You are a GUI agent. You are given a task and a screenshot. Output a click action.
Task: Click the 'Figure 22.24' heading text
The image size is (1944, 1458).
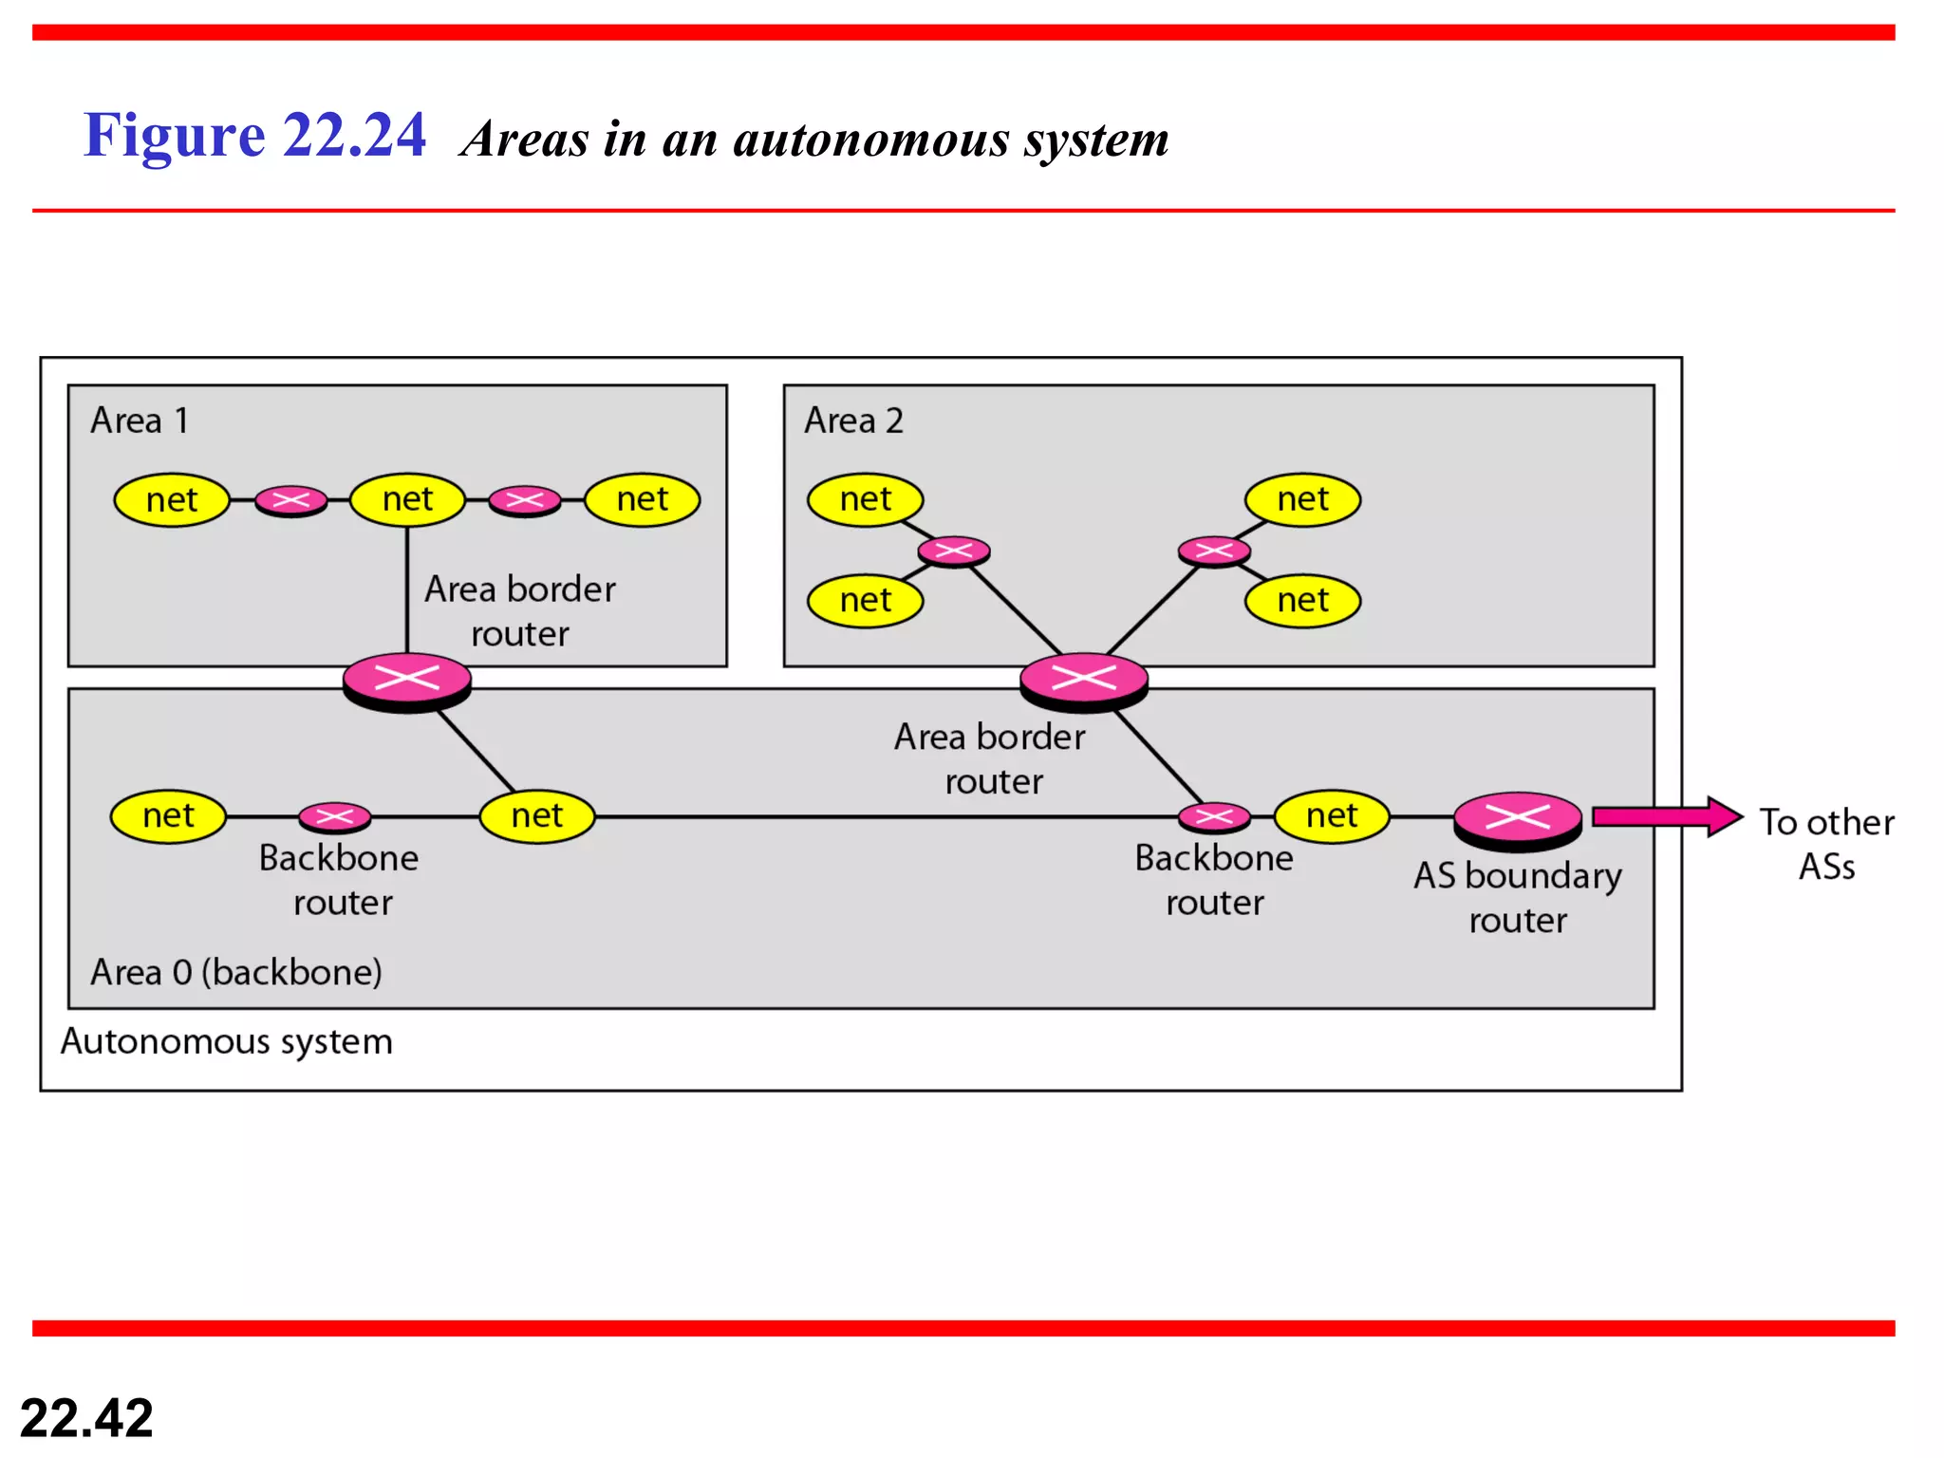254,135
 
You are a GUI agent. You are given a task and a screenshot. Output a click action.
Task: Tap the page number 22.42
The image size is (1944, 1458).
86,1418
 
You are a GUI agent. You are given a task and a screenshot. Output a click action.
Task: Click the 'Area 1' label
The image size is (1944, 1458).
140,421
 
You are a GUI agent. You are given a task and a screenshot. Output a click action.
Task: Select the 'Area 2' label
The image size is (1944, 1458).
853,421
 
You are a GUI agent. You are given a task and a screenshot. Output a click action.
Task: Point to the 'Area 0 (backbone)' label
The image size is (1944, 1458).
236,972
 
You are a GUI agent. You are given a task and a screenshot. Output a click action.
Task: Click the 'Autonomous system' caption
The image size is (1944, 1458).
226,1041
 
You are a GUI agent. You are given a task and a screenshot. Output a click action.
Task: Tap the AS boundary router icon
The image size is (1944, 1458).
1518,819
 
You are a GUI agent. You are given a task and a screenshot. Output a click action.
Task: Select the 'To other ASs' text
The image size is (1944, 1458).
1826,844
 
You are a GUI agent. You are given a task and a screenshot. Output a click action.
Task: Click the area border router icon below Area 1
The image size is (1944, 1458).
407,681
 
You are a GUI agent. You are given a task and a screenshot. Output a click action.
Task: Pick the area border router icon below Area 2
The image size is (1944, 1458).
1084,681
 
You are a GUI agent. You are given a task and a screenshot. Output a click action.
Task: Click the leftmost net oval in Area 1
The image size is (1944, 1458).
172,500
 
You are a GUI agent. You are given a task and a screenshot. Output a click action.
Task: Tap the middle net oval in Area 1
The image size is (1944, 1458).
407,499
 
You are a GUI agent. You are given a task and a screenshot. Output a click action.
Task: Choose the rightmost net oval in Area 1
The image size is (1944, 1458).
643,499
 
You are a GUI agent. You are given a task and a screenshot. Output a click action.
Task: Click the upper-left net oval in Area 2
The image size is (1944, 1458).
865,499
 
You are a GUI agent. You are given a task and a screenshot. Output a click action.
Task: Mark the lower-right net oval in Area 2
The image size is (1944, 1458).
1302,600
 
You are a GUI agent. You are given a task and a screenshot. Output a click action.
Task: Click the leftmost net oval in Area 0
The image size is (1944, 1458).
168,815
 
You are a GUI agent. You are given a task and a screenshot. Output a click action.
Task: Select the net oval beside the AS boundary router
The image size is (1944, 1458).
1332,815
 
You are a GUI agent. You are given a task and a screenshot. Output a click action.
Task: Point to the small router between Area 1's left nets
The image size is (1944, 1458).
291,500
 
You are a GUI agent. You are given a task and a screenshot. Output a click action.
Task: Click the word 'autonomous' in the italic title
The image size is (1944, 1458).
871,140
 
